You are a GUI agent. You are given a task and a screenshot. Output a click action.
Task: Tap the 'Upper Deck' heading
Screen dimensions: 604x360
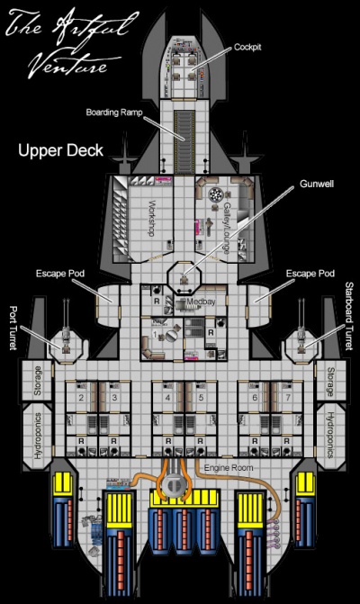click(x=60, y=151)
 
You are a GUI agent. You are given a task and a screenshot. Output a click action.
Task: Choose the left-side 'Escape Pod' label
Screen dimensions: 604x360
click(x=59, y=273)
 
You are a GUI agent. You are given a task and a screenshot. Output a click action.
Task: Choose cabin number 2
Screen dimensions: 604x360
click(x=81, y=397)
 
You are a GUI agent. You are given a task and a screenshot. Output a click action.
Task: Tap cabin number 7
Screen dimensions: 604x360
click(x=286, y=397)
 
